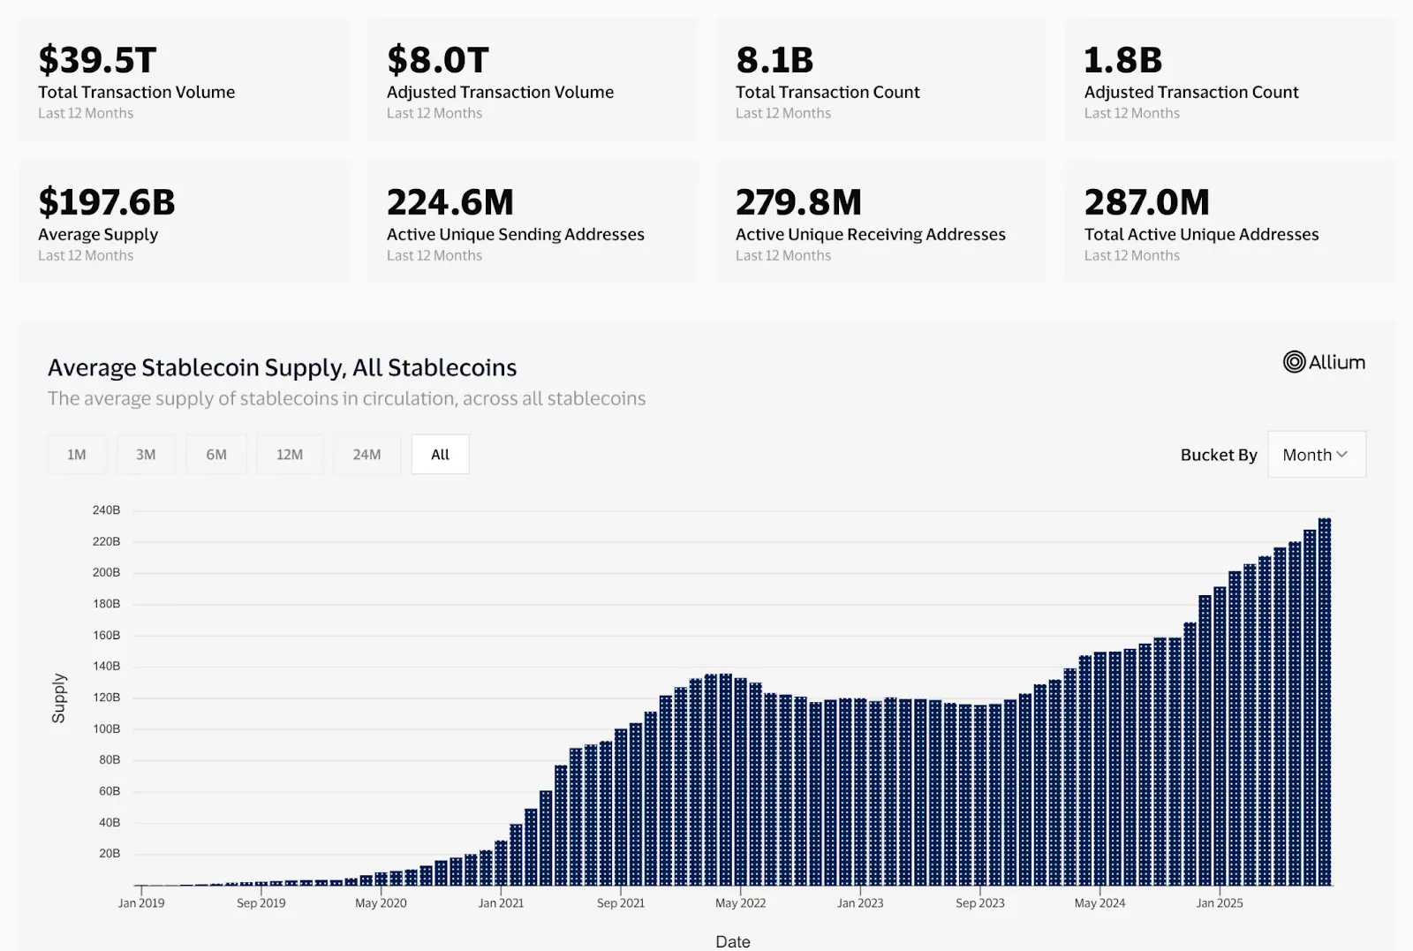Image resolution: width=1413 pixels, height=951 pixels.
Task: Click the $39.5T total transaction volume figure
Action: coord(97,60)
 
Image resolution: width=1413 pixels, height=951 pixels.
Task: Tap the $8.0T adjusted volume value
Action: coord(437,60)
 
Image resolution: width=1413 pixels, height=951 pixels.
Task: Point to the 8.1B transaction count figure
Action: coord(775,60)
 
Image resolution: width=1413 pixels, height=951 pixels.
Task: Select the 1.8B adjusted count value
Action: coord(1122,60)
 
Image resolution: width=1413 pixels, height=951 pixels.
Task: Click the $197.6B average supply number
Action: coord(107,202)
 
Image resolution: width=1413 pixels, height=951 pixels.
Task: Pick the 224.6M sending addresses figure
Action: coord(450,202)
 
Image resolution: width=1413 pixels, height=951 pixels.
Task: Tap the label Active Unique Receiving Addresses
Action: coord(870,234)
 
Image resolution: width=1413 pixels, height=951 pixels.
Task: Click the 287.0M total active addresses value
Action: coord(1146,202)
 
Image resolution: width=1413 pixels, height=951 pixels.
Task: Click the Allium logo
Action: coord(1324,362)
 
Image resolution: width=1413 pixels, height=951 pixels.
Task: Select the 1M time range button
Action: coord(77,455)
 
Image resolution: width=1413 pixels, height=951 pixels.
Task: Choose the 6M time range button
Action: coord(216,455)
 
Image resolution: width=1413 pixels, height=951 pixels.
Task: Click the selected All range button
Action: coord(440,455)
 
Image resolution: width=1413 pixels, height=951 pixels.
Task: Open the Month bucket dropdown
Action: coord(1316,455)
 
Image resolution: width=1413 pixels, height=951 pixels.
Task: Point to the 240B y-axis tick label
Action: coord(106,510)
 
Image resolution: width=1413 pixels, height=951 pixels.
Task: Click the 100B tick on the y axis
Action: coord(106,728)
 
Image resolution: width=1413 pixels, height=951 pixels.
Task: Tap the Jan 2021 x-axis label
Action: coord(501,902)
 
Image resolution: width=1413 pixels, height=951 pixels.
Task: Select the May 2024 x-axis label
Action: coord(1099,902)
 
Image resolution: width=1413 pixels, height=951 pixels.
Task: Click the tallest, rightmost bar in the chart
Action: coord(1324,701)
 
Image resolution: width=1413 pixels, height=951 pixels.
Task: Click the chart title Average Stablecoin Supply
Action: coord(282,367)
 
